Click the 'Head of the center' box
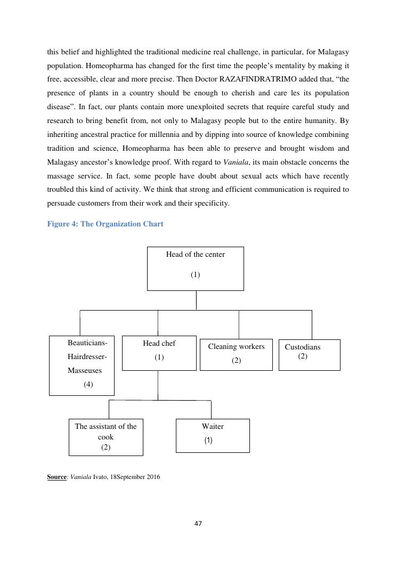(195, 268)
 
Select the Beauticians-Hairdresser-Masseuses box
(82, 365)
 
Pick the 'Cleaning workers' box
(236, 354)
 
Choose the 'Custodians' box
(309, 354)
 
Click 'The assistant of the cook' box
(106, 437)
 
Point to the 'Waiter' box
(213, 435)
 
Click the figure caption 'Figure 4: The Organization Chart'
(105, 224)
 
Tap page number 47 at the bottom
(198, 524)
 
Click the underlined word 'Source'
(56, 477)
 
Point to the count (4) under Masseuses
(88, 384)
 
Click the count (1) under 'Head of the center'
(195, 275)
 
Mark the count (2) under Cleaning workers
(236, 361)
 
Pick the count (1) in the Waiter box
(208, 441)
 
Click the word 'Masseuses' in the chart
(84, 370)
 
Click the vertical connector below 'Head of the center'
(196, 300)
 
